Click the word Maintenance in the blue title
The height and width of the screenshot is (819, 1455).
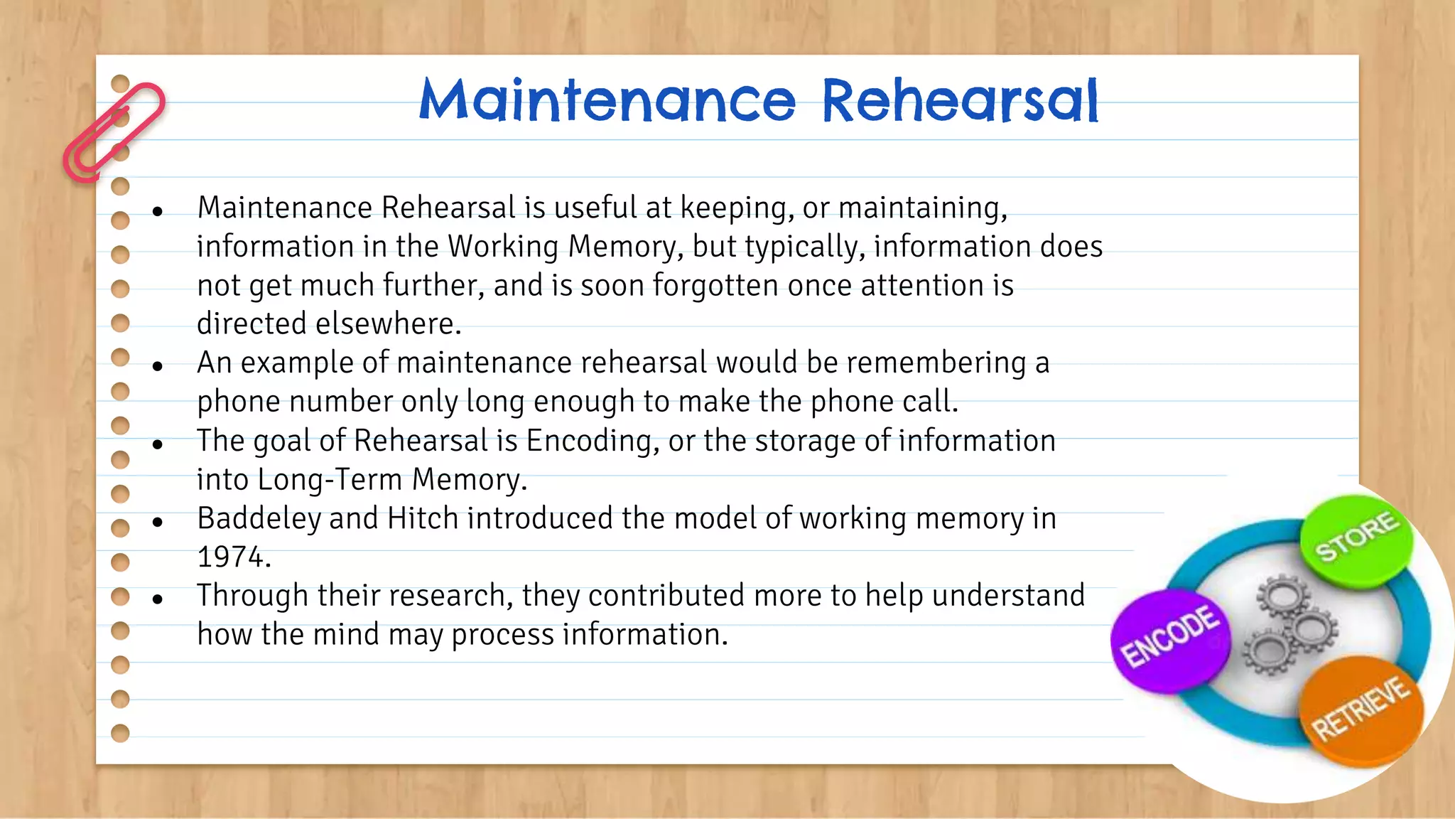(607, 101)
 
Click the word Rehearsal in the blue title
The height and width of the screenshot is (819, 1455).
(960, 101)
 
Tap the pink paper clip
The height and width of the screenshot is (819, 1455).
(114, 132)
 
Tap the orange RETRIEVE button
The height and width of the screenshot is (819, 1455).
(1361, 710)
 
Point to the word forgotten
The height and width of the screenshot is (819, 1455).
(715, 286)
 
